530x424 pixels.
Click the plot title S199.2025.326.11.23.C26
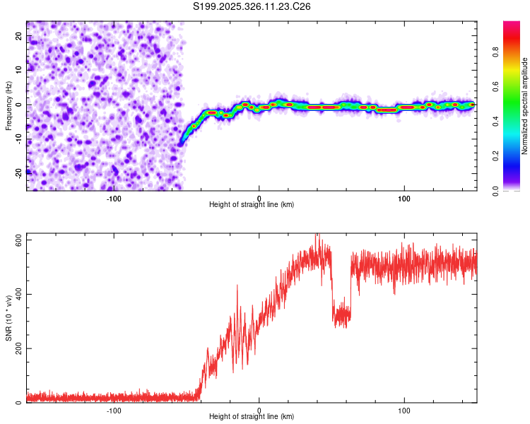coord(252,6)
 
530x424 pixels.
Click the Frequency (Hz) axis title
coord(8,106)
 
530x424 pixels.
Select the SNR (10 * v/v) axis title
coord(8,318)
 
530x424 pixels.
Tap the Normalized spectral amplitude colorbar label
coord(525,106)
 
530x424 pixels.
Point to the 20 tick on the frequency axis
coord(18,37)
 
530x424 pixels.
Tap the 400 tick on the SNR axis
coord(18,294)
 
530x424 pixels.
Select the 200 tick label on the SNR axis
coord(18,348)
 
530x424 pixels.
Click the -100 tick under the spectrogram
coord(114,197)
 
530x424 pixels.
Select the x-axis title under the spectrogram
coord(252,204)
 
